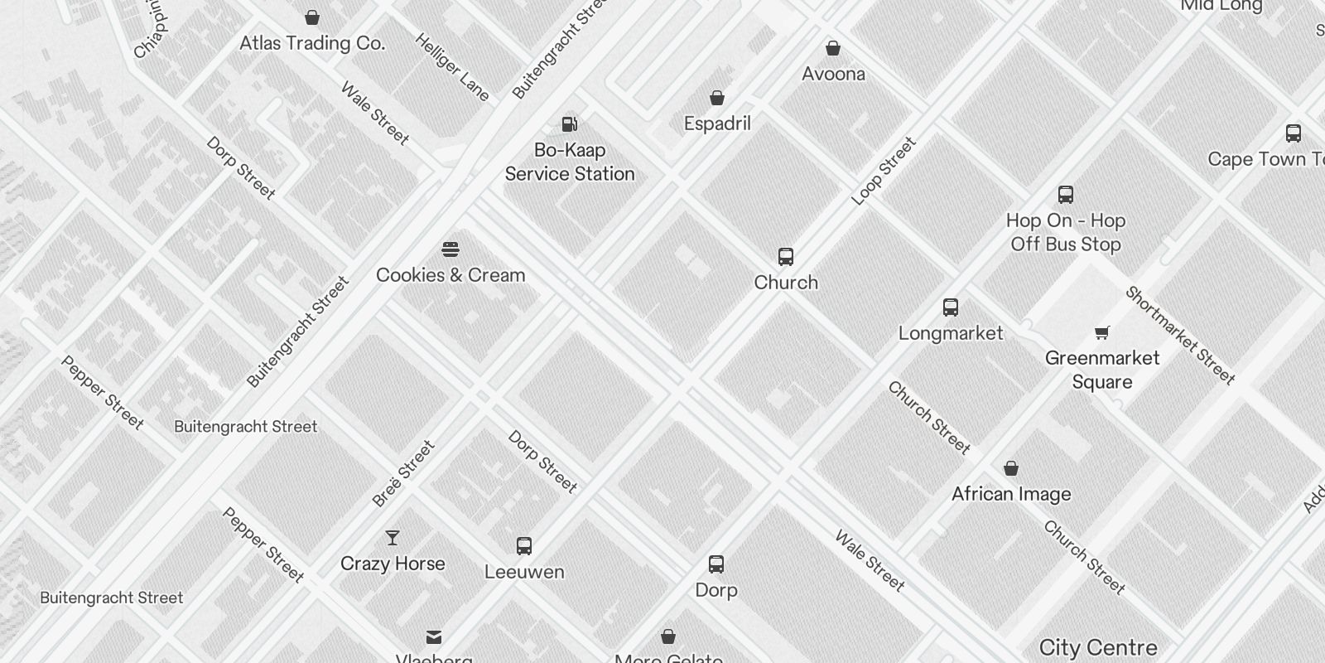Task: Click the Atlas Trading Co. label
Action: pyautogui.click(x=312, y=43)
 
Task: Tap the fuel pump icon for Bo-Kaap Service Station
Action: pyautogui.click(x=570, y=124)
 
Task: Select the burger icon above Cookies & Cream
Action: pyautogui.click(x=450, y=249)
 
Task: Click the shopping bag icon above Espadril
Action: pyautogui.click(x=717, y=98)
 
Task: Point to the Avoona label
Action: pyautogui.click(x=833, y=74)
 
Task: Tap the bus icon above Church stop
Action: pyautogui.click(x=786, y=257)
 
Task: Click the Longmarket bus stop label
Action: pyautogui.click(x=951, y=333)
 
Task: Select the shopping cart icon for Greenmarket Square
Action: pyautogui.click(x=1101, y=333)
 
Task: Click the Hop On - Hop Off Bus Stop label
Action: pyautogui.click(x=1066, y=232)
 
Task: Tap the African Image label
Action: pyautogui.click(x=1011, y=494)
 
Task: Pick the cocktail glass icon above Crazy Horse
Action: pyautogui.click(x=393, y=538)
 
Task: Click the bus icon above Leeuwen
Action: pyautogui.click(x=524, y=546)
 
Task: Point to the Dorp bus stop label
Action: pyautogui.click(x=716, y=590)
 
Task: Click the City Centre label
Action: pyautogui.click(x=1098, y=647)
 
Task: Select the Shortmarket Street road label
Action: pyautogui.click(x=1180, y=335)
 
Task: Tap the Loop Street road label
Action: pyautogui.click(x=884, y=171)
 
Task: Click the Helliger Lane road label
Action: pyautogui.click(x=452, y=67)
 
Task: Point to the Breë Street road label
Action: pyautogui.click(x=403, y=473)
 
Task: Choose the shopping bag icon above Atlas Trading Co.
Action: pyautogui.click(x=312, y=17)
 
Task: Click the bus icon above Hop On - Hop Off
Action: pyautogui.click(x=1066, y=195)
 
